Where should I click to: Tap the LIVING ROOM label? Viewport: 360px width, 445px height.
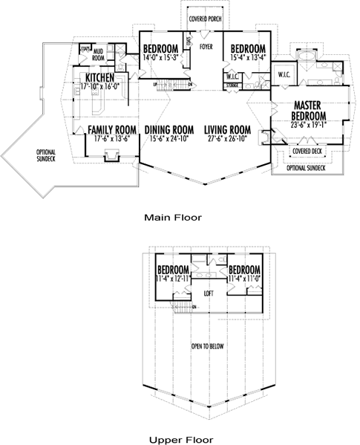click(x=228, y=129)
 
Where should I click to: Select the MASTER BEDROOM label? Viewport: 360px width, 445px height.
click(x=311, y=111)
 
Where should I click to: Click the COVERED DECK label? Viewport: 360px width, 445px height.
click(x=307, y=151)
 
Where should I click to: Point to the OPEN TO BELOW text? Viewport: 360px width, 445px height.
click(x=208, y=346)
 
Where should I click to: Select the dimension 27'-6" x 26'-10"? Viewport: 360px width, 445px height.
click(x=228, y=138)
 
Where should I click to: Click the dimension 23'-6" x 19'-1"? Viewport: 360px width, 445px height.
click(x=311, y=126)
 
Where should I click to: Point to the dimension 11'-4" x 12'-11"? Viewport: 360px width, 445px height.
click(x=174, y=278)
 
